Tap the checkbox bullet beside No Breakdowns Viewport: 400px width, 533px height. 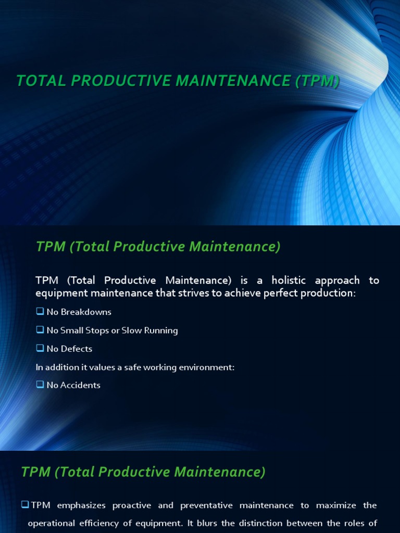tap(40, 312)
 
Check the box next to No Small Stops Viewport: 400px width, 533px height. tap(40, 330)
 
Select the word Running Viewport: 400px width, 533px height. tap(161, 331)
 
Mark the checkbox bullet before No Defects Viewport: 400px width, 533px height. tap(40, 348)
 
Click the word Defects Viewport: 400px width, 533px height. tap(77, 349)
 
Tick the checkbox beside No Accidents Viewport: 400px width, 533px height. tap(40, 385)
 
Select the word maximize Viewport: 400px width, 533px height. tap(331, 506)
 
